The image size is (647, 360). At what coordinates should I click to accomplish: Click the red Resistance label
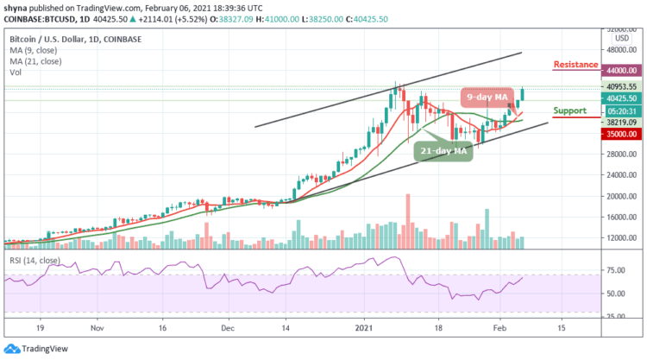(x=576, y=65)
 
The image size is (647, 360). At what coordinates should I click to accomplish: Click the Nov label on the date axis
(x=97, y=329)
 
